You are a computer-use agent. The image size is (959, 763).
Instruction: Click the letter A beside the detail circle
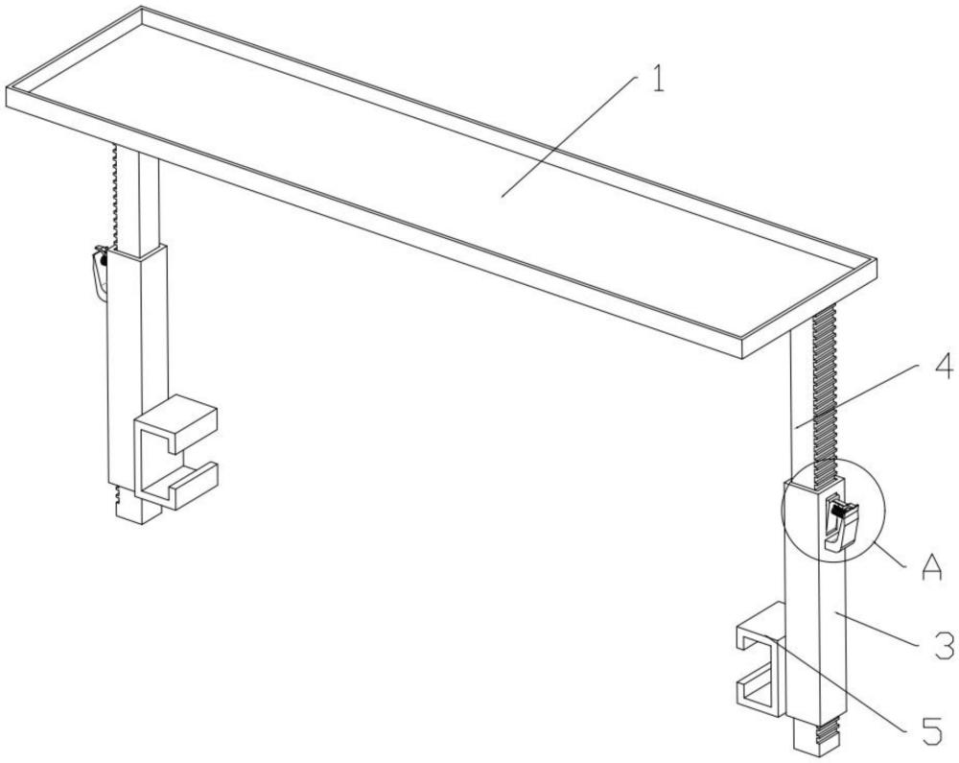(931, 568)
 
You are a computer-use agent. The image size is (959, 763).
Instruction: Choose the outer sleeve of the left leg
(137, 373)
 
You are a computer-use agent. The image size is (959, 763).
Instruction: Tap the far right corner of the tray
(877, 261)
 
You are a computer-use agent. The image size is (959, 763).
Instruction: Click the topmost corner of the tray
(142, 7)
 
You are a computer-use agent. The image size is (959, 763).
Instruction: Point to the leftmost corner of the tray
(7, 87)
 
